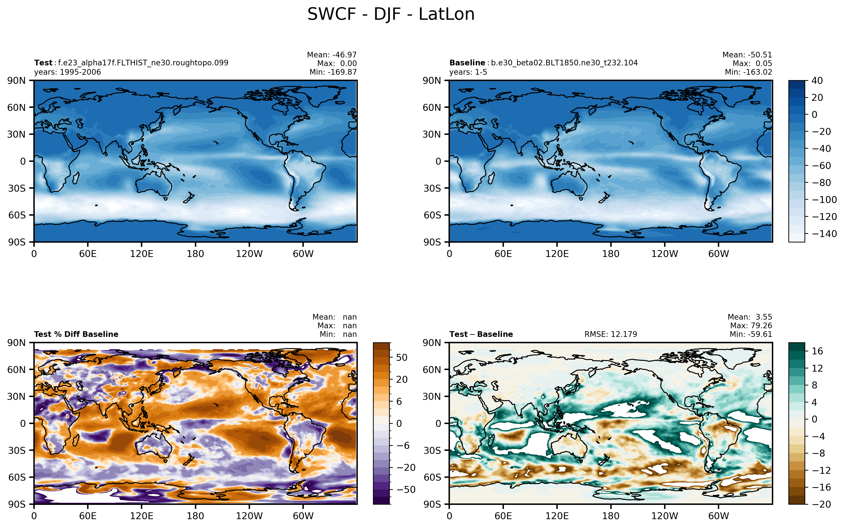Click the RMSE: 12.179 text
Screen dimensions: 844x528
(611, 334)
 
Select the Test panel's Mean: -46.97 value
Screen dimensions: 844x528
(332, 55)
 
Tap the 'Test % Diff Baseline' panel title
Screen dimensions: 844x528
(76, 334)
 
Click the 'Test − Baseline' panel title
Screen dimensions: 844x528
(481, 334)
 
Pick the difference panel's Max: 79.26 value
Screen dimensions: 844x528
(751, 326)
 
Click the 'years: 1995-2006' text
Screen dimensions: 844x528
(67, 72)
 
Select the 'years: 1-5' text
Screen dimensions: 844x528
(468, 72)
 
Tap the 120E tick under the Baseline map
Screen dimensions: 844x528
(557, 254)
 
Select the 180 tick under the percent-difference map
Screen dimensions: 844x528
(195, 516)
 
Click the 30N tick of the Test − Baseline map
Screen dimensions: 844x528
(432, 396)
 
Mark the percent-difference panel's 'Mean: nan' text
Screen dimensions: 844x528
(334, 317)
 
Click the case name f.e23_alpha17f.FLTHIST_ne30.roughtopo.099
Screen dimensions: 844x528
(143, 63)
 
